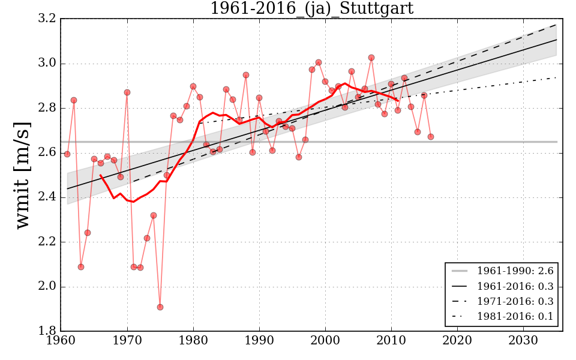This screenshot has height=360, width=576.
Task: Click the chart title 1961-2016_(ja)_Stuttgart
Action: point(311,8)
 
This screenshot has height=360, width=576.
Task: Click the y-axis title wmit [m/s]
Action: point(23,175)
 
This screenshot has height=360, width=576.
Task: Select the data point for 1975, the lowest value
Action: point(160,307)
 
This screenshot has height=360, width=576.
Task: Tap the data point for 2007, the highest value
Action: point(371,58)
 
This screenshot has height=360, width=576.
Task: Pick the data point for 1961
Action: point(67,154)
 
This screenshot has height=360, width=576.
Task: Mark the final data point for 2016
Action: point(431,137)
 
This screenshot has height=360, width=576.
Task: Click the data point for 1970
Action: point(127,92)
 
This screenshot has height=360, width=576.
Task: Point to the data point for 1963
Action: point(81,267)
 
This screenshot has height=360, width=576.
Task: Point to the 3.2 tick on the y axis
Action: point(48,19)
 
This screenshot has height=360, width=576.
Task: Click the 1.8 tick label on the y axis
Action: point(48,331)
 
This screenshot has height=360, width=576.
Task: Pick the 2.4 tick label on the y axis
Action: point(48,197)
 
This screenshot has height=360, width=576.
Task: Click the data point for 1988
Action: point(246,75)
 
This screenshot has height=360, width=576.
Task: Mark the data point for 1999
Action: point(319,62)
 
